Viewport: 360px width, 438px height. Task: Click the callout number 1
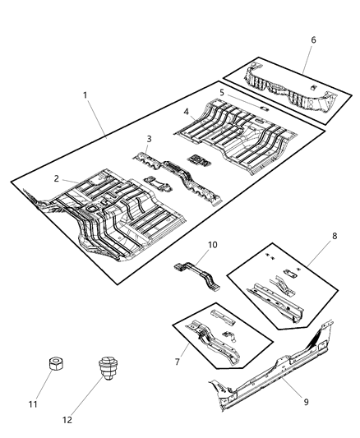click(x=85, y=95)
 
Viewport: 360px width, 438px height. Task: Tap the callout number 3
click(x=149, y=140)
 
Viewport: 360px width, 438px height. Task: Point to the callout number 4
click(x=187, y=111)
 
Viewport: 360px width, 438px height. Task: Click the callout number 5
click(x=221, y=93)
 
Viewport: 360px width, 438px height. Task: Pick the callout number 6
click(x=312, y=39)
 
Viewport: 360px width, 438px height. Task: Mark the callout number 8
click(x=333, y=236)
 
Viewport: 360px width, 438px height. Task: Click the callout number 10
click(x=213, y=246)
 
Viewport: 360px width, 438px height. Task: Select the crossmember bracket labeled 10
click(x=198, y=275)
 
